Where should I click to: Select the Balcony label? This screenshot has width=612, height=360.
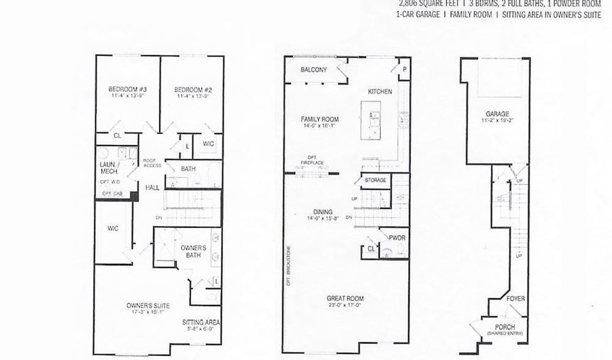[x=314, y=69]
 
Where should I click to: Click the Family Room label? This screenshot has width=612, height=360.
[x=320, y=119]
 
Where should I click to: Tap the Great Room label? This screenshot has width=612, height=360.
[x=345, y=298]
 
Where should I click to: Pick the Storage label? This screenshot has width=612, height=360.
[x=375, y=180]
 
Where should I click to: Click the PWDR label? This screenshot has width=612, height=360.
[x=397, y=238]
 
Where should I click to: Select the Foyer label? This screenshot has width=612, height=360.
[x=515, y=298]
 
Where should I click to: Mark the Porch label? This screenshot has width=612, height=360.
[x=505, y=328]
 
